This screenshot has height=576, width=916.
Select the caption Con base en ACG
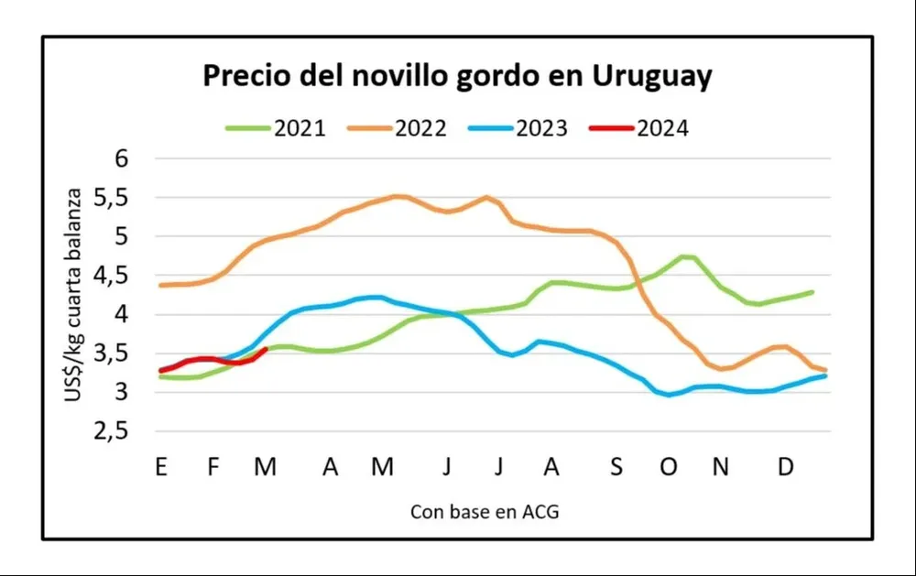point(485,512)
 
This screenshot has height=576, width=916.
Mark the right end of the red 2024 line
point(266,349)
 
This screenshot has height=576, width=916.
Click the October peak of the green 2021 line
point(685,256)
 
